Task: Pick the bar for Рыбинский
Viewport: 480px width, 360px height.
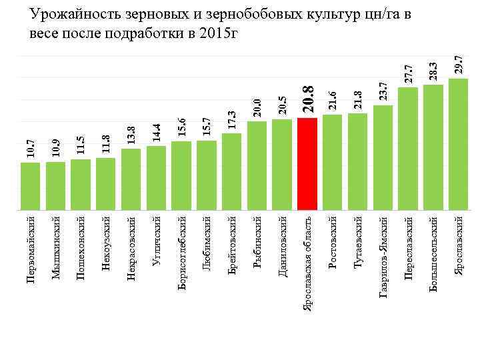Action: (257, 163)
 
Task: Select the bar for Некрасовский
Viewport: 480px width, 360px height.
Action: (131, 177)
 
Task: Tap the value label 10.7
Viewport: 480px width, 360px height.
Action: (31, 149)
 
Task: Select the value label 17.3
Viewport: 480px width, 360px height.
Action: (231, 120)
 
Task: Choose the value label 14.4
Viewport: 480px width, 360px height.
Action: (157, 133)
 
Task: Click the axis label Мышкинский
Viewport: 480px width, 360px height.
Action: (56, 247)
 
